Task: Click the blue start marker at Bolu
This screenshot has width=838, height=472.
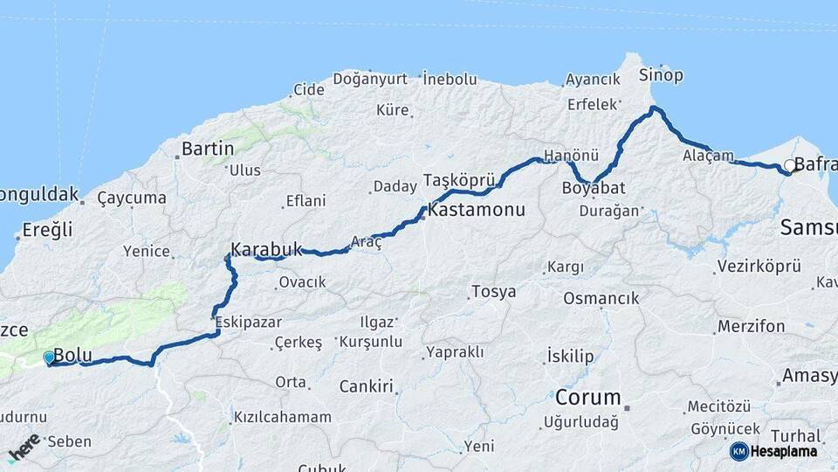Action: tap(49, 357)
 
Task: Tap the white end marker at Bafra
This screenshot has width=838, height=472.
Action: tap(789, 165)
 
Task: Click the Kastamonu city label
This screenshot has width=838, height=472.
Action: tap(476, 210)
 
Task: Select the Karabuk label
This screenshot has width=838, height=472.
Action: tap(266, 247)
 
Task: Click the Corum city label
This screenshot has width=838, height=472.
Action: tap(587, 398)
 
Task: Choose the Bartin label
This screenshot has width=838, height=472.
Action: tap(208, 149)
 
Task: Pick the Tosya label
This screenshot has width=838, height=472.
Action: tap(493, 292)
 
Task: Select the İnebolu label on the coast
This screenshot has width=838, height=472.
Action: tap(450, 80)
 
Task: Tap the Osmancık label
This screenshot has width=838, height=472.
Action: tap(601, 298)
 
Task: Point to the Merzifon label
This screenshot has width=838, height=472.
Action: tap(751, 327)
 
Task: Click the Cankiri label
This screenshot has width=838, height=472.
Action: tap(366, 385)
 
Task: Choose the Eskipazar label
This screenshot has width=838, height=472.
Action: tap(248, 322)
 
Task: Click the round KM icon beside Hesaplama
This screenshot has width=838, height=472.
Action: tap(738, 451)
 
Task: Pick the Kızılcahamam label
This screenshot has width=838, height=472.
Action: tap(282, 418)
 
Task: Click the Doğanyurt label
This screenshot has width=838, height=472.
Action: tap(370, 79)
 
